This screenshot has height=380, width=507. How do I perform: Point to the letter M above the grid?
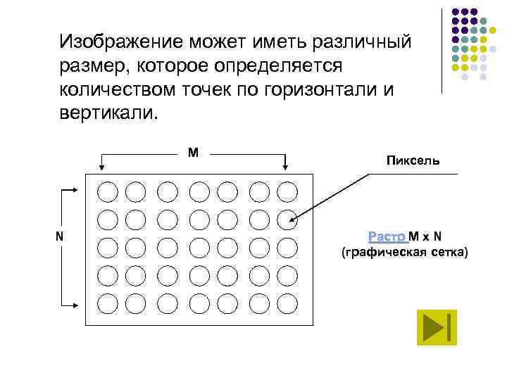(192, 152)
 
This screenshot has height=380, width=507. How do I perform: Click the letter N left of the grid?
(60, 236)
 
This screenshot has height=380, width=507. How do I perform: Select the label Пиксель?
(412, 160)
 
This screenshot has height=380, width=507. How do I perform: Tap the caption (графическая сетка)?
(403, 252)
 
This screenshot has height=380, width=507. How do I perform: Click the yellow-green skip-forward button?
(437, 327)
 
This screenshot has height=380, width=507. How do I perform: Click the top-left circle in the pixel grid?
(107, 191)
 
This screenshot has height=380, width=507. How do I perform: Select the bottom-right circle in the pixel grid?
(287, 303)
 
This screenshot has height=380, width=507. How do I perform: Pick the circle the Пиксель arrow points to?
(287, 220)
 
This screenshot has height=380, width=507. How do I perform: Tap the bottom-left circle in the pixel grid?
(107, 303)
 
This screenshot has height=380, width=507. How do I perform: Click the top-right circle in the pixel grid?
(287, 191)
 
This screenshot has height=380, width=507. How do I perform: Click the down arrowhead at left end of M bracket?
(102, 166)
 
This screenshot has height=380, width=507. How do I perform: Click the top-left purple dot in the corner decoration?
(456, 12)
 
